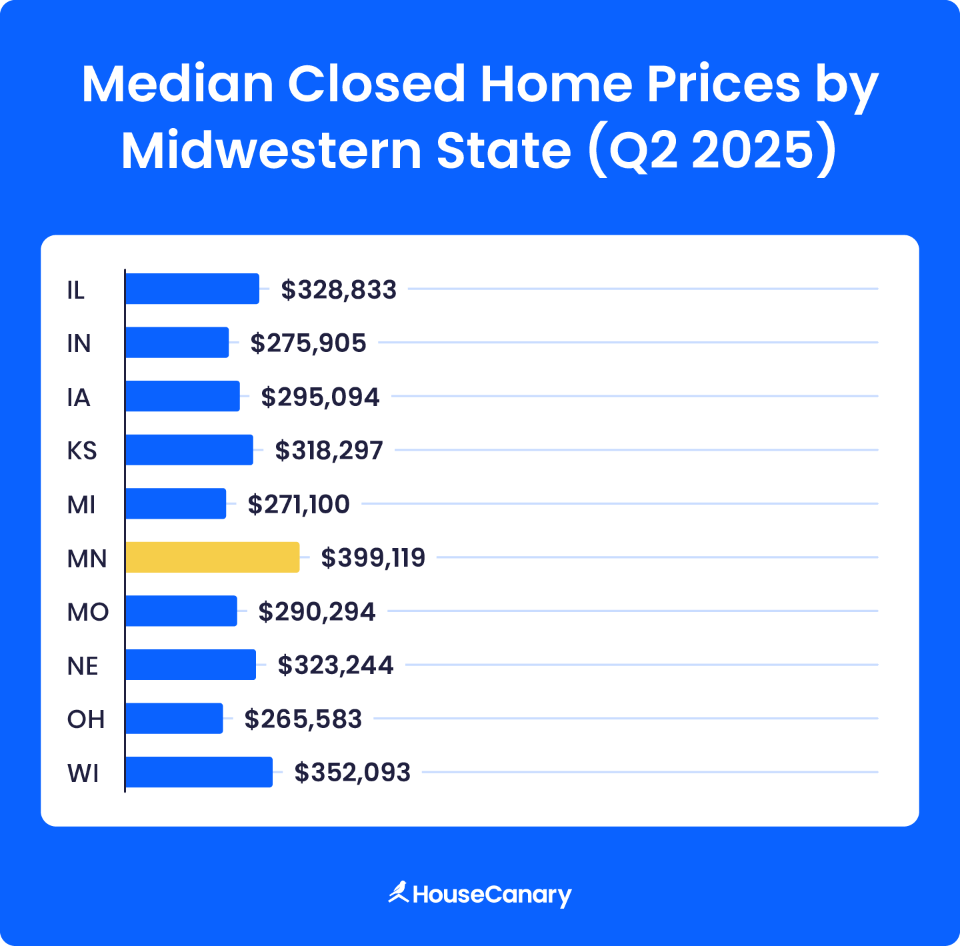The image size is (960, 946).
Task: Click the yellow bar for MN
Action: (213, 557)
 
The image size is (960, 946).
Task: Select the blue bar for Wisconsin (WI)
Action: (199, 772)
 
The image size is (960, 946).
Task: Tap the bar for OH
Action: (174, 719)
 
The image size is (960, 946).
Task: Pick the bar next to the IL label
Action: (192, 289)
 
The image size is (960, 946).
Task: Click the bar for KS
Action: (189, 450)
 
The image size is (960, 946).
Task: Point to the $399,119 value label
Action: (373, 557)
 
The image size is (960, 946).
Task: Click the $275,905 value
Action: (308, 343)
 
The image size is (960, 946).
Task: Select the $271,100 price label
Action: (298, 504)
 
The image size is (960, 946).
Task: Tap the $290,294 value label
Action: (317, 611)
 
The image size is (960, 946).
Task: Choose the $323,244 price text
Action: (335, 665)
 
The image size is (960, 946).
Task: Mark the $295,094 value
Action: (320, 397)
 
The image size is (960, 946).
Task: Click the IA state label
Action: (78, 397)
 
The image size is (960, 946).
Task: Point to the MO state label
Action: (87, 612)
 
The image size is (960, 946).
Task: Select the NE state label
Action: (83, 666)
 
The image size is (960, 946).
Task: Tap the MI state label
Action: (81, 505)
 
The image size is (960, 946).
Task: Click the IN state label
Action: (79, 343)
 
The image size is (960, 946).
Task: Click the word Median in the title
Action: (177, 85)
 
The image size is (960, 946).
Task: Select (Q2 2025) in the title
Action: (712, 151)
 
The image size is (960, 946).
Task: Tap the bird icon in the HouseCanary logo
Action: (399, 892)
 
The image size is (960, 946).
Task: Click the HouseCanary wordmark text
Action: (492, 895)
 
